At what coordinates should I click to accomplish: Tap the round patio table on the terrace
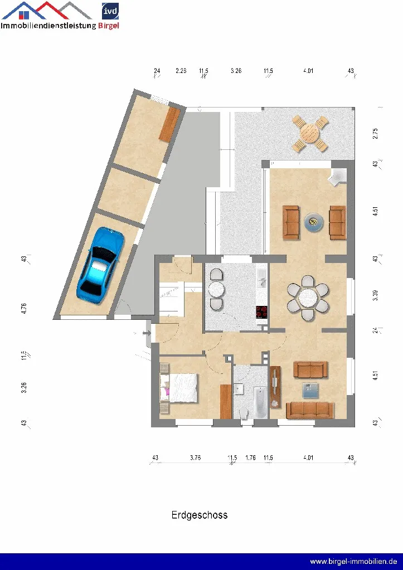(310, 133)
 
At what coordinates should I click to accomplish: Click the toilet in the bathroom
(244, 412)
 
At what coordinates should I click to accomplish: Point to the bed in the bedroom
(179, 388)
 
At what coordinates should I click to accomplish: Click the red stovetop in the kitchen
(262, 312)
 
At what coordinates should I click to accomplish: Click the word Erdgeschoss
(200, 515)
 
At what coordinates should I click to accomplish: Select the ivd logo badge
(110, 11)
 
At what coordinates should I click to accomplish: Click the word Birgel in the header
(108, 26)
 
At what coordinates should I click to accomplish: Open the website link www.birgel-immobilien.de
(353, 561)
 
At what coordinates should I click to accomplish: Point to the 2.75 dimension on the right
(375, 133)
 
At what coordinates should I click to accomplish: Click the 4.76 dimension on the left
(24, 308)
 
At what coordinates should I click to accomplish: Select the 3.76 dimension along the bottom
(195, 457)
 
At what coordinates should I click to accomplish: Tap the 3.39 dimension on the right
(375, 295)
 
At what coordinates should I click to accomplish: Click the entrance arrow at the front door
(147, 333)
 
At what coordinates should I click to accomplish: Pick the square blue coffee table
(310, 391)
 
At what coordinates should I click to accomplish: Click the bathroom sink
(238, 388)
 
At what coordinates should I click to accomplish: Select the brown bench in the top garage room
(169, 125)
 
